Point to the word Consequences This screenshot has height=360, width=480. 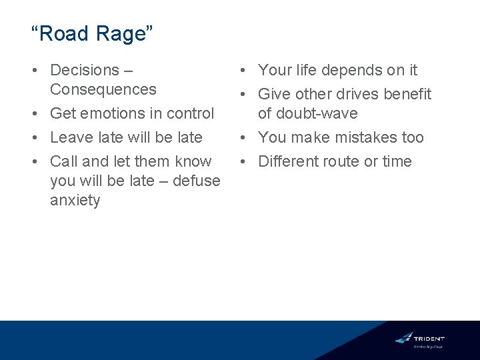(x=103, y=89)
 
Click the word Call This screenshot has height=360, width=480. (x=63, y=161)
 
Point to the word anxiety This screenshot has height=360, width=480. (x=75, y=200)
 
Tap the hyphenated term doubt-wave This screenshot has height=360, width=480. (x=317, y=113)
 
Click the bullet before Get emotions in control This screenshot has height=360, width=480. (x=40, y=114)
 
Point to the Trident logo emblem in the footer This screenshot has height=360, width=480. (x=403, y=338)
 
